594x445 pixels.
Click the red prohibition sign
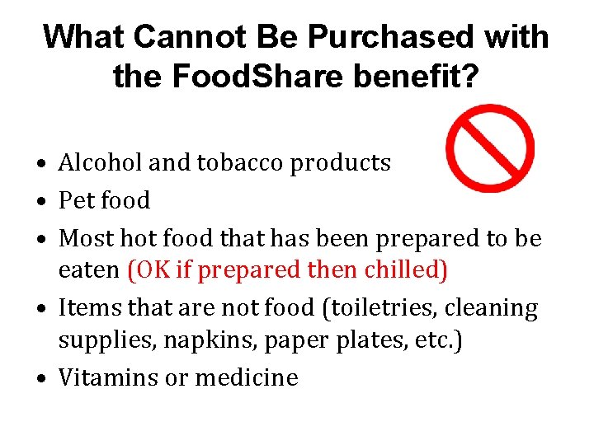tap(489, 148)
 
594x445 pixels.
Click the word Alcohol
tap(101, 163)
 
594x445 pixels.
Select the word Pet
tap(76, 200)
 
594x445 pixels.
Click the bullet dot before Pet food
tap(40, 202)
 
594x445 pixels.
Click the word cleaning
tap(497, 308)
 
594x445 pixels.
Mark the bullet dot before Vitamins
tap(40, 379)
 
